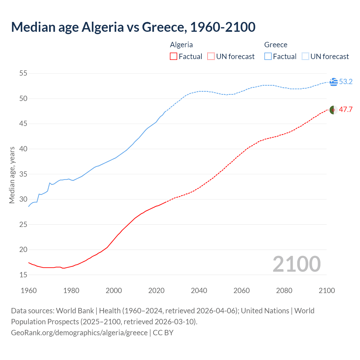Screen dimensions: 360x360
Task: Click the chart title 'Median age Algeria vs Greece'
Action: pos(133,27)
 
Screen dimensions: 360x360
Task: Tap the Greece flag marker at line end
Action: pos(334,82)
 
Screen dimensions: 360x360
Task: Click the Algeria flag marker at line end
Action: pos(334,110)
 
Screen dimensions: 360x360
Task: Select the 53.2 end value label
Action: pos(346,82)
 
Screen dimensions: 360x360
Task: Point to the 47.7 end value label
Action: pos(346,110)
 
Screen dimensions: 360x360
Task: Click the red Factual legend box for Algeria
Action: pos(174,57)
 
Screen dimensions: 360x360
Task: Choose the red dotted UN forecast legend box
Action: pos(211,57)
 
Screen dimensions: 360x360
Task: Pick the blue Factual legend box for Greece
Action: pos(268,57)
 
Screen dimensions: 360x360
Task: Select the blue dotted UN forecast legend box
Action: pos(305,57)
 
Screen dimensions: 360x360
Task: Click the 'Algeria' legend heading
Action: pos(181,45)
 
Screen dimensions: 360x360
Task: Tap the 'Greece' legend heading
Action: pos(276,45)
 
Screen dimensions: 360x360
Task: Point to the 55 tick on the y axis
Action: pos(23,73)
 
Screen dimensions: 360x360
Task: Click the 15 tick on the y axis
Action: pos(23,275)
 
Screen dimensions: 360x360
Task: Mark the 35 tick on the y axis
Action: pos(23,174)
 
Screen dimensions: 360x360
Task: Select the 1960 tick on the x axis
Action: pos(29,291)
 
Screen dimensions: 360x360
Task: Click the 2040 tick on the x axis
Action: pos(199,291)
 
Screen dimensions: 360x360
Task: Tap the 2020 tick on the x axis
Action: pos(156,291)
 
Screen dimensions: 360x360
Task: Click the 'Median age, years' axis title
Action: pos(12,175)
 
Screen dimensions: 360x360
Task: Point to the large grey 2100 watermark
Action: pos(296,264)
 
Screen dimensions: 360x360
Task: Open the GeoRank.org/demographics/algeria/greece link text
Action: pos(79,333)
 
